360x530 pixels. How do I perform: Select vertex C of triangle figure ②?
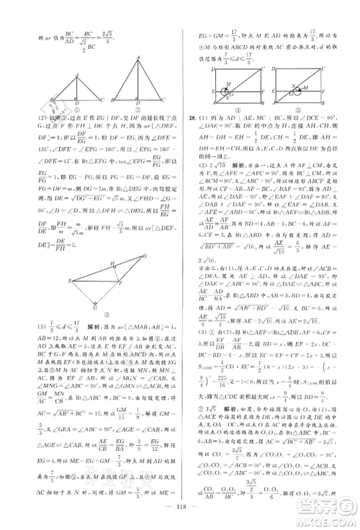164,100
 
